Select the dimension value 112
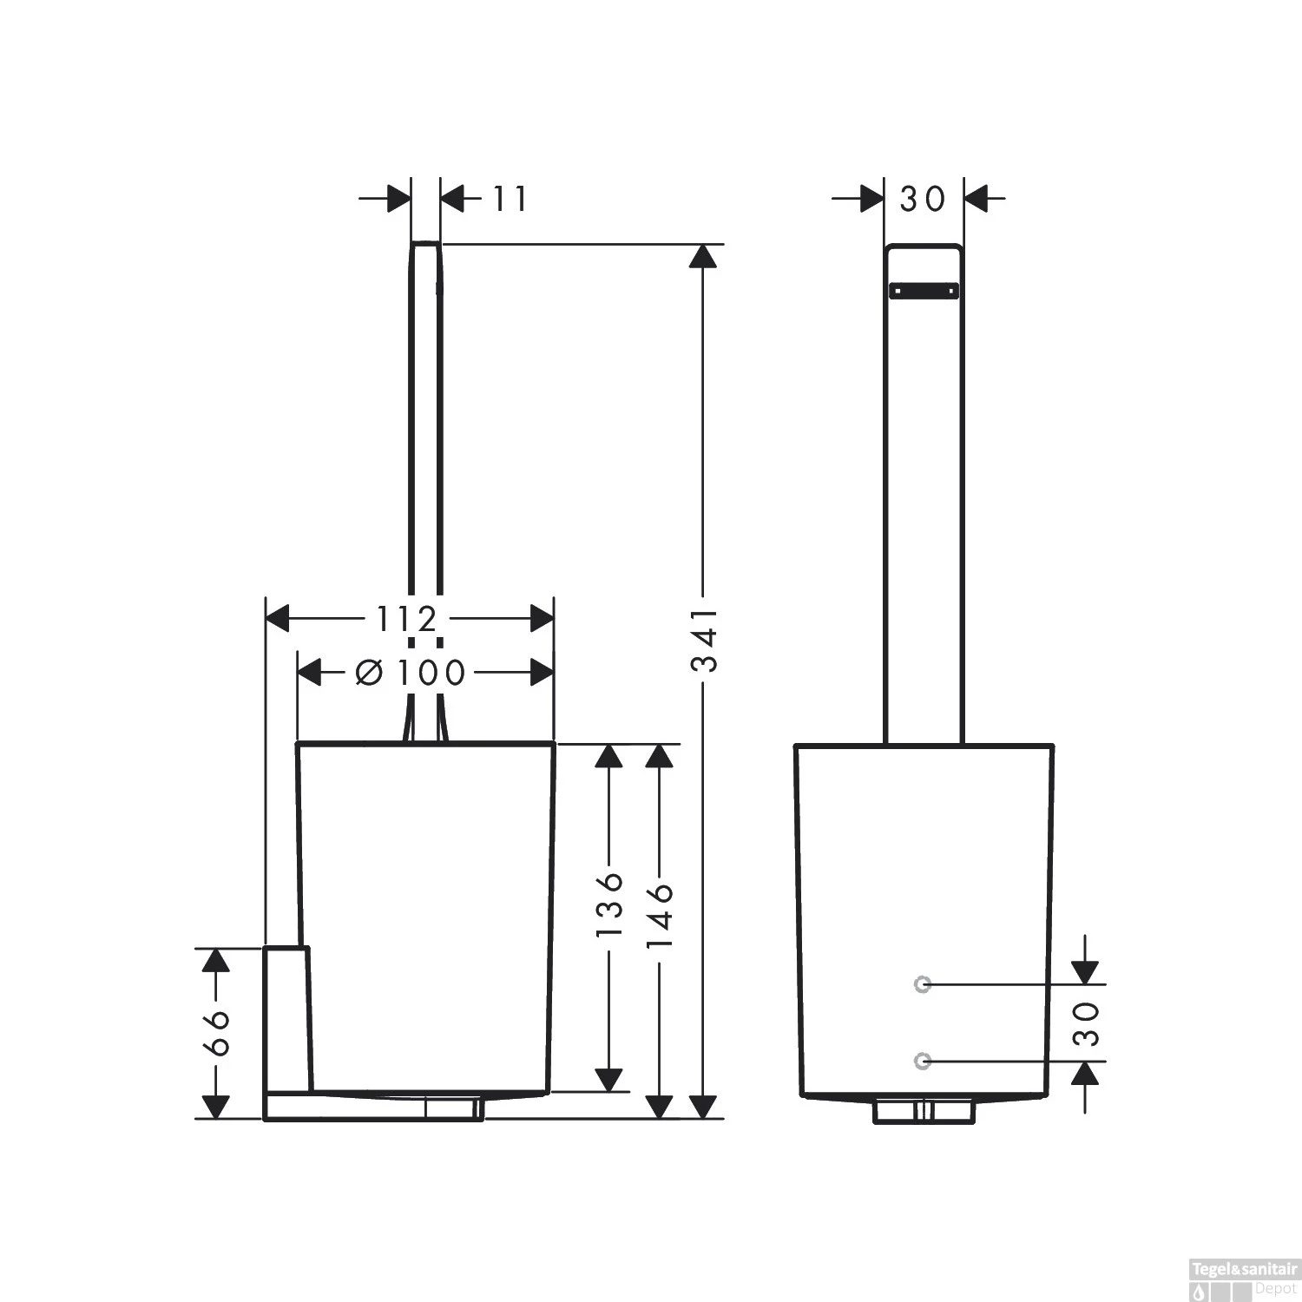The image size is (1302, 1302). [x=406, y=620]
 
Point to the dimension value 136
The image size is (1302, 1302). [x=609, y=904]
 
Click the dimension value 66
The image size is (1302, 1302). [x=216, y=1032]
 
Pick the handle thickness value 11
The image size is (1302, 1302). [x=510, y=200]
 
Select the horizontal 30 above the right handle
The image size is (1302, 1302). [x=922, y=200]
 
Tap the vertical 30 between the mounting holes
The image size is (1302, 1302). [x=1085, y=1023]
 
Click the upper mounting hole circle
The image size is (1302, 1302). [x=922, y=983]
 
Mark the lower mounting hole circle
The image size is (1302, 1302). [x=922, y=1061]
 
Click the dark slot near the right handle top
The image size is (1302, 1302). [x=924, y=290]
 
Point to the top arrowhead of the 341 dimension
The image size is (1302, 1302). [x=705, y=256]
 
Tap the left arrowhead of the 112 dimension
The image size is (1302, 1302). [x=277, y=619]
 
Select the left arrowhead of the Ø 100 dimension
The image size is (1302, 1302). [x=309, y=672]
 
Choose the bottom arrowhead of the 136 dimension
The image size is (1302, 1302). [x=609, y=1079]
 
